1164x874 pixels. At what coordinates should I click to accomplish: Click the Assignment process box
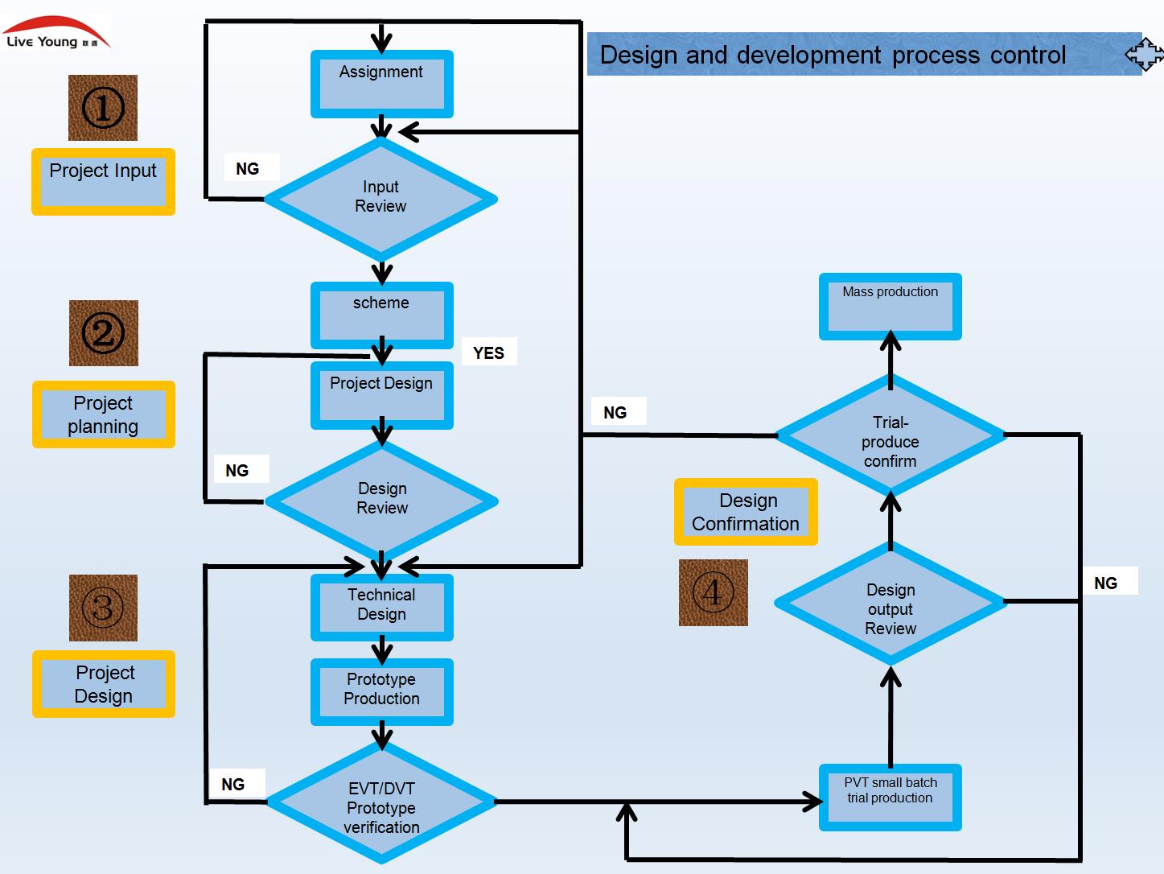[x=381, y=84]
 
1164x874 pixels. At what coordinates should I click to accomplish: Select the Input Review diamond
[x=380, y=198]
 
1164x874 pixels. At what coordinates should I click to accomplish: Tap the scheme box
[x=381, y=314]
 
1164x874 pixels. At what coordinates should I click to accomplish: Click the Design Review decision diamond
[x=381, y=500]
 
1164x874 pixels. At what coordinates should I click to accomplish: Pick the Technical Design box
[x=381, y=606]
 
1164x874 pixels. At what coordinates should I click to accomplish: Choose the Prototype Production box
[x=381, y=691]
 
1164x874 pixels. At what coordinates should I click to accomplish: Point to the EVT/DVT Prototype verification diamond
[x=381, y=803]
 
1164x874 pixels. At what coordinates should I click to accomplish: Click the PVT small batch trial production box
[x=890, y=796]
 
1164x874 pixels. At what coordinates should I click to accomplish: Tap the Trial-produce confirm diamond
[x=890, y=437]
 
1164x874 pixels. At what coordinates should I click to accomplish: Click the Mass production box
[x=890, y=306]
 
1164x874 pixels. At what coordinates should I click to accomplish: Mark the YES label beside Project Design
[x=488, y=352]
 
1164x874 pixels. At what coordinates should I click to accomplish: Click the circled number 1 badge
[x=103, y=108]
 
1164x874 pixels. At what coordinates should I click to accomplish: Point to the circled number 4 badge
[x=713, y=593]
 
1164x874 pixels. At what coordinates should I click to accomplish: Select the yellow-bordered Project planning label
[x=103, y=414]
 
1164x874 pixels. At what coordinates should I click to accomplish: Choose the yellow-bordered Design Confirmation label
[x=746, y=512]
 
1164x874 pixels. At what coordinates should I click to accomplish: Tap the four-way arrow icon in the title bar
[x=1143, y=55]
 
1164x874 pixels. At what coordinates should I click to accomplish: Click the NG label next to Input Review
[x=248, y=168]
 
